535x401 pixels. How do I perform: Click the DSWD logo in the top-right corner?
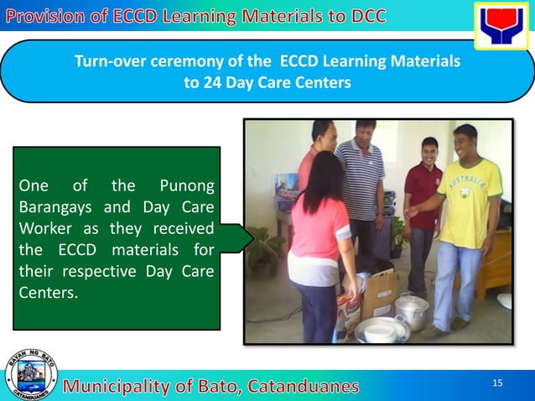point(501,25)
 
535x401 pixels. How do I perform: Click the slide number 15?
point(497,383)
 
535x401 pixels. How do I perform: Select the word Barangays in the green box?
point(52,207)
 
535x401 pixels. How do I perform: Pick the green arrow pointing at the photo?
point(237,238)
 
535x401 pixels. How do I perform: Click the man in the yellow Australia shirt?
point(467,222)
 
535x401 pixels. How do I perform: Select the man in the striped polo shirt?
point(361,185)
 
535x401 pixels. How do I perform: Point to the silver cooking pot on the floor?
point(413,310)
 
